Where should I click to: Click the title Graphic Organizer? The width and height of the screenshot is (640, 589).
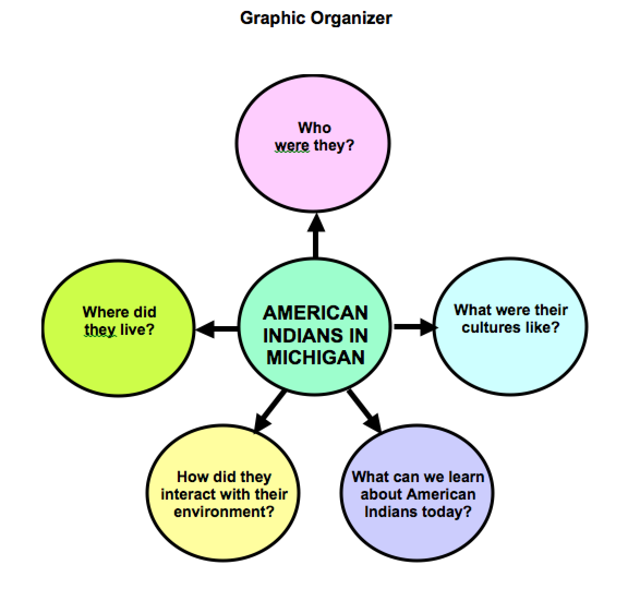pos(316,18)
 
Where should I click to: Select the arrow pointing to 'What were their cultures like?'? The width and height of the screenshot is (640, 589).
pos(414,327)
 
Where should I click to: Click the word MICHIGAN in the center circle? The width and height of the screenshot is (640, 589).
pos(315,357)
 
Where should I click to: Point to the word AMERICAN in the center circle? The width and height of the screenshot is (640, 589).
pos(315,312)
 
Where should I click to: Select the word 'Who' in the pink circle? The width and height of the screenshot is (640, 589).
pos(315,128)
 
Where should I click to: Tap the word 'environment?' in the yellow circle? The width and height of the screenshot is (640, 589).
pos(224,512)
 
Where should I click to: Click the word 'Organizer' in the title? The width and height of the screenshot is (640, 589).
pos(351,18)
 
